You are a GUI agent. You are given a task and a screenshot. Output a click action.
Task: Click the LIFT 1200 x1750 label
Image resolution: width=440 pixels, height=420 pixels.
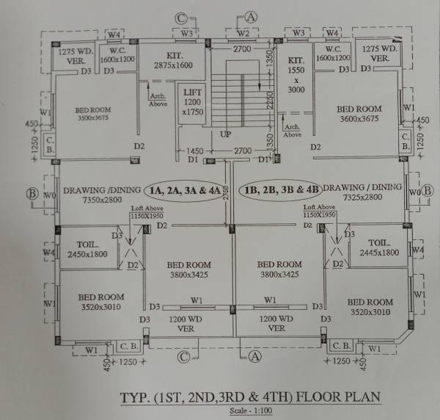coord(192,101)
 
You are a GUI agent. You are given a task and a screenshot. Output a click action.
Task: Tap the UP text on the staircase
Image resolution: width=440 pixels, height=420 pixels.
coord(226,135)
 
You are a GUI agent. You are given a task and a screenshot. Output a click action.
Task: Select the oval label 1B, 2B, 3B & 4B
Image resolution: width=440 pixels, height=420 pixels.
coord(283,189)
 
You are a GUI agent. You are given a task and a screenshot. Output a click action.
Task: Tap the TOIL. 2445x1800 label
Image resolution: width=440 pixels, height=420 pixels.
coord(378,248)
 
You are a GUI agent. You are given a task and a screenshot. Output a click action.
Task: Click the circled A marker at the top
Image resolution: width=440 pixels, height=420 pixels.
coord(252,16)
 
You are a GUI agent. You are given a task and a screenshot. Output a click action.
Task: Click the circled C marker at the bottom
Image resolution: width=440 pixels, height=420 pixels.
coord(183,358)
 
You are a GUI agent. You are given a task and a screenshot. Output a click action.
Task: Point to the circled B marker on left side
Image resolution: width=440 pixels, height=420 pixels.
coord(32,194)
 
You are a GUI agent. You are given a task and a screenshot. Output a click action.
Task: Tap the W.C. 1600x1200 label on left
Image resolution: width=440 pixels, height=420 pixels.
coord(116,55)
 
